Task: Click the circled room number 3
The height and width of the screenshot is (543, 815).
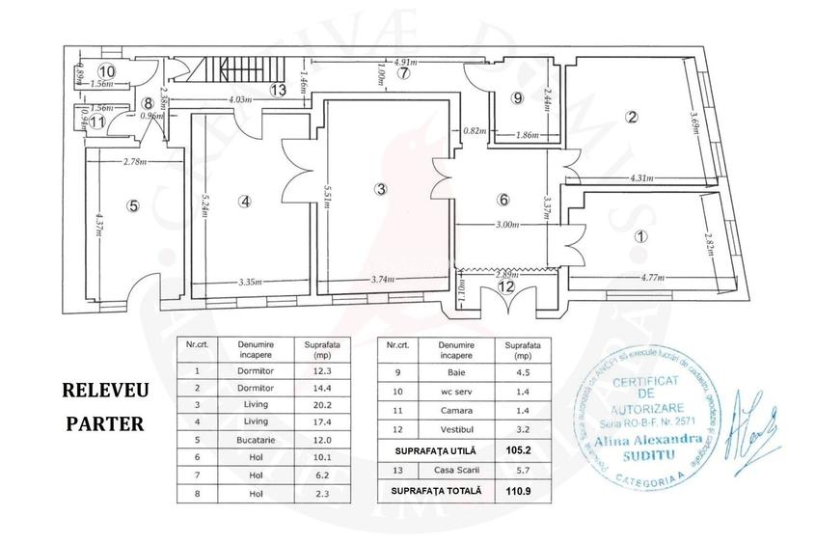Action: pos(382,188)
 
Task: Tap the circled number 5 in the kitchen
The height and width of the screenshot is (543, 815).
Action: pos(134,204)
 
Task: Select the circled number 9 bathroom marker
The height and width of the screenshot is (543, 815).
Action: pos(518,98)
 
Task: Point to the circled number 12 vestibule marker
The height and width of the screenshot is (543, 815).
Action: pos(506,285)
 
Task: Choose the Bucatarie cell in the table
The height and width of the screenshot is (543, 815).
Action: pos(247,449)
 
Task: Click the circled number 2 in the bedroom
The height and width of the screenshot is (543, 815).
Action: pos(632,119)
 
